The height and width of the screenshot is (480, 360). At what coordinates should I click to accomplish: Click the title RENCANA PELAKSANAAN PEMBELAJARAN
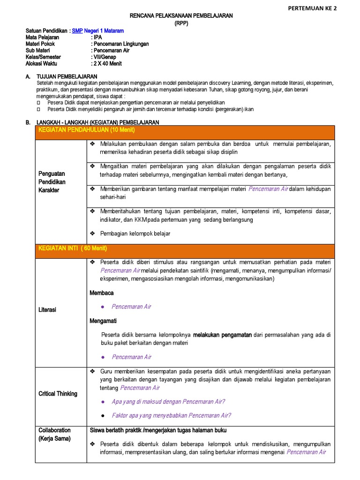pyautogui.click(x=180, y=16)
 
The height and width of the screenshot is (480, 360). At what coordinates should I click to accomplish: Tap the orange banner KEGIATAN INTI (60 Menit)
pyautogui.click(x=72, y=248)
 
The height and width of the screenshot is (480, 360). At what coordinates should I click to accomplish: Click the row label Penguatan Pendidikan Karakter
pyautogui.click(x=52, y=181)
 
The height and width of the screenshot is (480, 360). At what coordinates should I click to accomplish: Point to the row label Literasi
pyautogui.click(x=47, y=310)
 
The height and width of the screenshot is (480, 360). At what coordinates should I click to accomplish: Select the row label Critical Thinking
pyautogui.click(x=58, y=394)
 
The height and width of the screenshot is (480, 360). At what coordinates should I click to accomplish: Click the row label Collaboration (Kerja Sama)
pyautogui.click(x=54, y=434)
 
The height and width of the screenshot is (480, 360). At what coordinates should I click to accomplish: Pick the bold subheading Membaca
pyautogui.click(x=102, y=293)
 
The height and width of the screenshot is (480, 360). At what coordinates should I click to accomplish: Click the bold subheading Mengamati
pyautogui.click(x=103, y=321)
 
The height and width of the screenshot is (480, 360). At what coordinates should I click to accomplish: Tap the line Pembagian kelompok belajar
pyautogui.click(x=135, y=233)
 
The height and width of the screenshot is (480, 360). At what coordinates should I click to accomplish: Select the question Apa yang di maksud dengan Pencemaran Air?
pyautogui.click(x=168, y=402)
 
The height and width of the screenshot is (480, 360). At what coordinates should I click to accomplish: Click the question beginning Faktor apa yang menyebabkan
pyautogui.click(x=171, y=415)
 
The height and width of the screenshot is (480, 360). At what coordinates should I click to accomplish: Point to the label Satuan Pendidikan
pyautogui.click(x=46, y=31)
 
